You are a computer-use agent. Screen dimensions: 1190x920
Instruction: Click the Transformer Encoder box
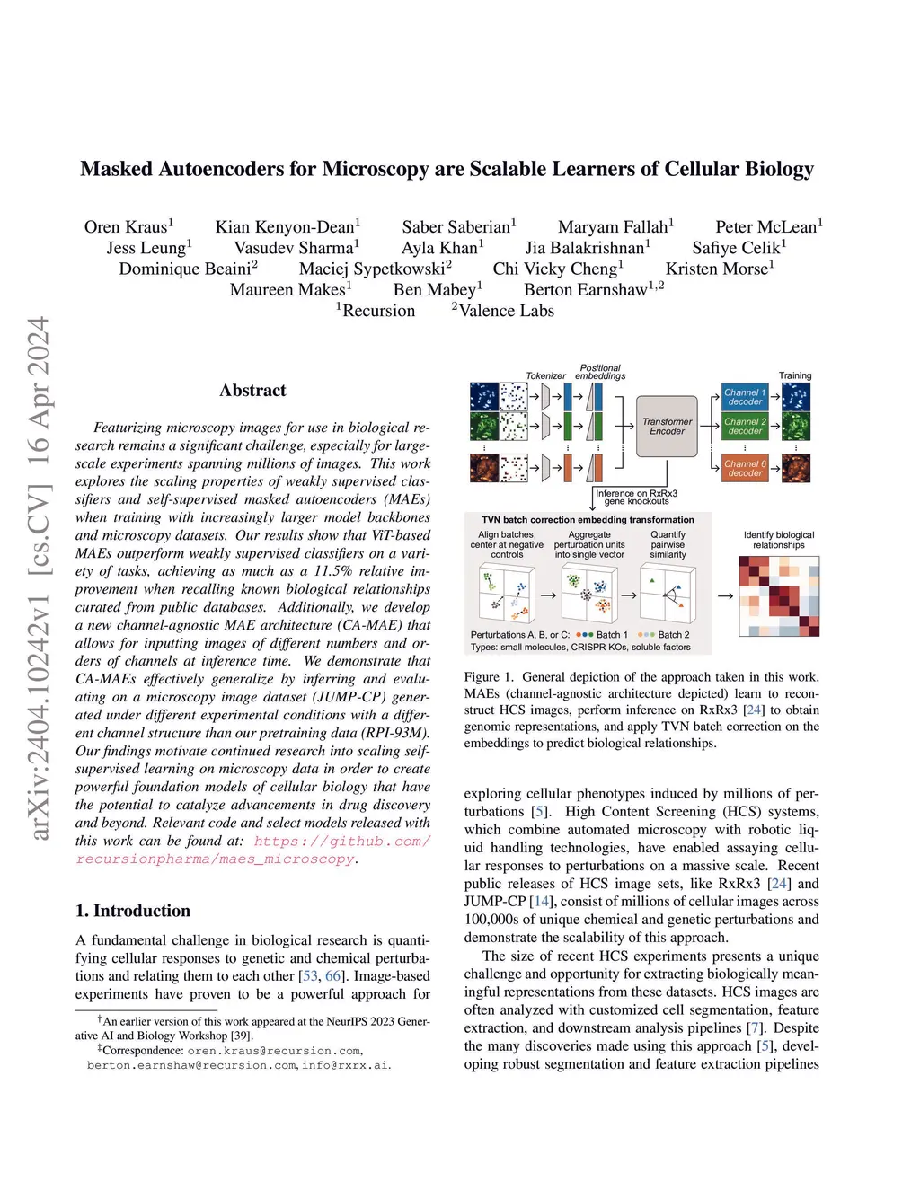coord(667,427)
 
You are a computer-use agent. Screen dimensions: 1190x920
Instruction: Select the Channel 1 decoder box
coord(745,397)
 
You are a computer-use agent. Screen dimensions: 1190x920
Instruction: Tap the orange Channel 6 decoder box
coord(745,469)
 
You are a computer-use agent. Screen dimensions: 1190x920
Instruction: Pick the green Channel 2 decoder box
coord(745,426)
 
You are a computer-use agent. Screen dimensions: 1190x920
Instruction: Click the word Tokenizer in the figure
coord(545,376)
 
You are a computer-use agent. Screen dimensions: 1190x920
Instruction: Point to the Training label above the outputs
coord(794,375)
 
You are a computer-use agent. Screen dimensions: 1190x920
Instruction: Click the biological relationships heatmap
coord(778,596)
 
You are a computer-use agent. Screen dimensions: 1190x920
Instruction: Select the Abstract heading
coord(252,391)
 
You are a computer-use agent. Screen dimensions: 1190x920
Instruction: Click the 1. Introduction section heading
coord(133,911)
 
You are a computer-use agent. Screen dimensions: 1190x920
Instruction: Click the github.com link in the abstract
coord(341,842)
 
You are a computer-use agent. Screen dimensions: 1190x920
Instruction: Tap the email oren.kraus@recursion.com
coord(274,1051)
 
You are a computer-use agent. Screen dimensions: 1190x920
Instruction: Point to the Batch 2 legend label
coord(674,635)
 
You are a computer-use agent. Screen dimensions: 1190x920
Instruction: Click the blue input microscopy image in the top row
coord(484,397)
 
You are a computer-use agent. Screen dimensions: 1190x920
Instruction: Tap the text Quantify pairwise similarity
coord(668,544)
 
